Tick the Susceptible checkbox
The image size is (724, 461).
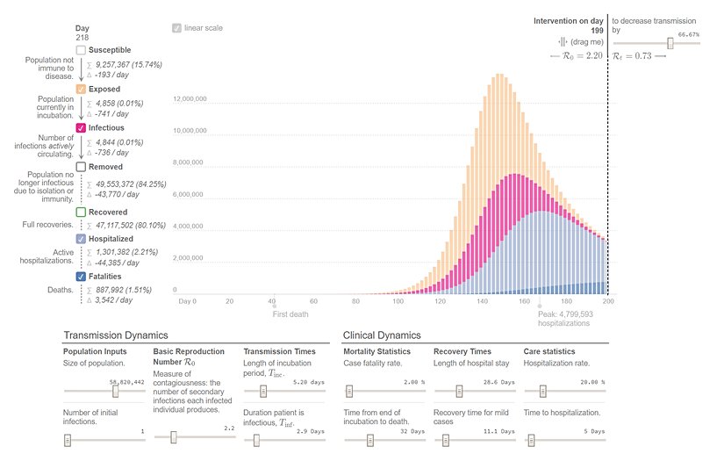pyautogui.click(x=81, y=51)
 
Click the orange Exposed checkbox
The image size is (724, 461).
pyautogui.click(x=81, y=90)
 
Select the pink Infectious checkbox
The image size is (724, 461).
pyautogui.click(x=81, y=128)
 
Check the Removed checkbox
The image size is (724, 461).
pyautogui.click(x=81, y=167)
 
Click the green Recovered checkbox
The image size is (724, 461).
pyautogui.click(x=81, y=212)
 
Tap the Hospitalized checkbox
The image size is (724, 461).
pyautogui.click(x=81, y=239)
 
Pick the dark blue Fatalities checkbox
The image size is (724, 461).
pyautogui.click(x=81, y=277)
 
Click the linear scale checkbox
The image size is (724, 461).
pyautogui.click(x=177, y=28)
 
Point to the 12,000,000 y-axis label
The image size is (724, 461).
pyautogui.click(x=190, y=99)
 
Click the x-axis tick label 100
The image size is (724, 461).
pyautogui.click(x=398, y=301)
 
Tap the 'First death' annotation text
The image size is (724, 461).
pyautogui.click(x=290, y=313)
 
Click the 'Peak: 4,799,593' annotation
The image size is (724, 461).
pyautogui.click(x=565, y=313)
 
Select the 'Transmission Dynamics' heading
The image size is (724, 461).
pyautogui.click(x=115, y=335)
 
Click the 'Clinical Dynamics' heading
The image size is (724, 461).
pyautogui.click(x=382, y=335)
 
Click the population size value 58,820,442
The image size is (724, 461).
pyautogui.click(x=126, y=382)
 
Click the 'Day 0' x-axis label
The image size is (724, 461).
pyautogui.click(x=187, y=301)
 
